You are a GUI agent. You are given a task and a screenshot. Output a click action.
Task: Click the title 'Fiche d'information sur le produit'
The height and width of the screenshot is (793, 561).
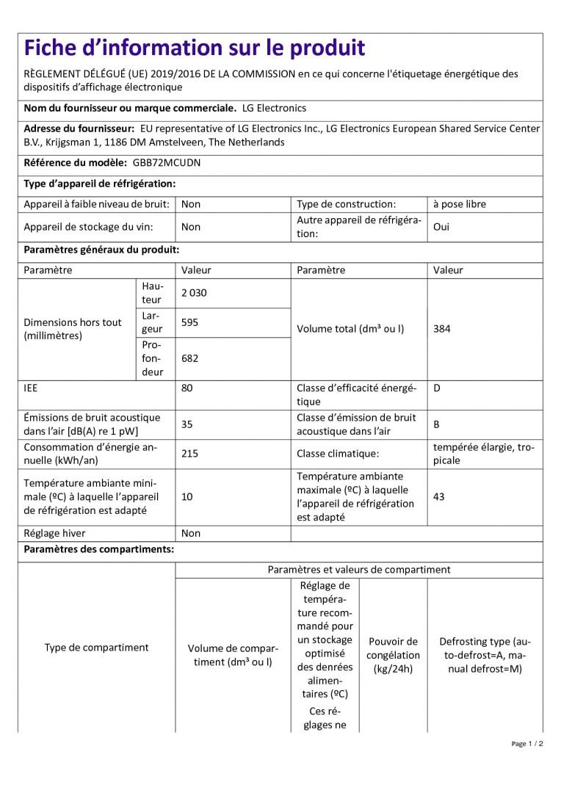pos(195,48)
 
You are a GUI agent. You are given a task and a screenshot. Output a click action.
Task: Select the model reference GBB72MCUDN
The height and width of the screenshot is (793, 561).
pos(167,163)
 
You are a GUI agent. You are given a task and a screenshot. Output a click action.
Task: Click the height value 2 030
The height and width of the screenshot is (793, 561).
pos(195,293)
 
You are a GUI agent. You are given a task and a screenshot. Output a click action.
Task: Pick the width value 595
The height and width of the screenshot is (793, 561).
pos(190,322)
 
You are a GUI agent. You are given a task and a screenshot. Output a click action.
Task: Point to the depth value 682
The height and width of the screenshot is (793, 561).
pos(190,358)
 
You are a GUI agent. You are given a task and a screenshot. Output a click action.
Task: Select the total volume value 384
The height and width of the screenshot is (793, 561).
pos(442,329)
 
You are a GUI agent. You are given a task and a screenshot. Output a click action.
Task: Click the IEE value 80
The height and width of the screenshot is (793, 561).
pos(187,388)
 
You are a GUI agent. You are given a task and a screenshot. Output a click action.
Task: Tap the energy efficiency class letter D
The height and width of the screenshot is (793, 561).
pos(437,388)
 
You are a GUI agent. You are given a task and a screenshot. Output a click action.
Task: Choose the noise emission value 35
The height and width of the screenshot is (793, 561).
pos(187,424)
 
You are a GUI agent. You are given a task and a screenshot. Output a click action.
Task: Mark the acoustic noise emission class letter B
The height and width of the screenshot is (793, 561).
pos(437,424)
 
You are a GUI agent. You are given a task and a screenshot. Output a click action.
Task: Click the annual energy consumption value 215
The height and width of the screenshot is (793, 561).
pos(190,454)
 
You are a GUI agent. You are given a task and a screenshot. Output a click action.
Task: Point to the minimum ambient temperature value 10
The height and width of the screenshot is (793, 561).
pos(187,497)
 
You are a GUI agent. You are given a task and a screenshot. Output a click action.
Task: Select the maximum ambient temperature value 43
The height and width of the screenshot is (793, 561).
pos(439,497)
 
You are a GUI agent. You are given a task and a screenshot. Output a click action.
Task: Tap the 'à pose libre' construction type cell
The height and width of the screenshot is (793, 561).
pos(460,204)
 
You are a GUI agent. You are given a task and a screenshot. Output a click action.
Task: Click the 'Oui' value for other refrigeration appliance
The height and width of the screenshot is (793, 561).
pos(441,227)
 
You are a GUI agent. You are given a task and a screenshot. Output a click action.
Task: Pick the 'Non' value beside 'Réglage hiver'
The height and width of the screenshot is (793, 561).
pos(191,534)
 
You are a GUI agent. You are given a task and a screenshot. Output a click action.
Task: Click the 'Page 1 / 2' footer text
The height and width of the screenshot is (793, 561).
pos(527,744)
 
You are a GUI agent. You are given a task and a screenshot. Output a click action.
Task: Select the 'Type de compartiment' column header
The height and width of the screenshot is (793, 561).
pos(96,648)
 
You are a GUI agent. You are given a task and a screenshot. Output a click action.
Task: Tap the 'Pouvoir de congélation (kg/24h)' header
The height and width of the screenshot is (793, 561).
pos(394,655)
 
